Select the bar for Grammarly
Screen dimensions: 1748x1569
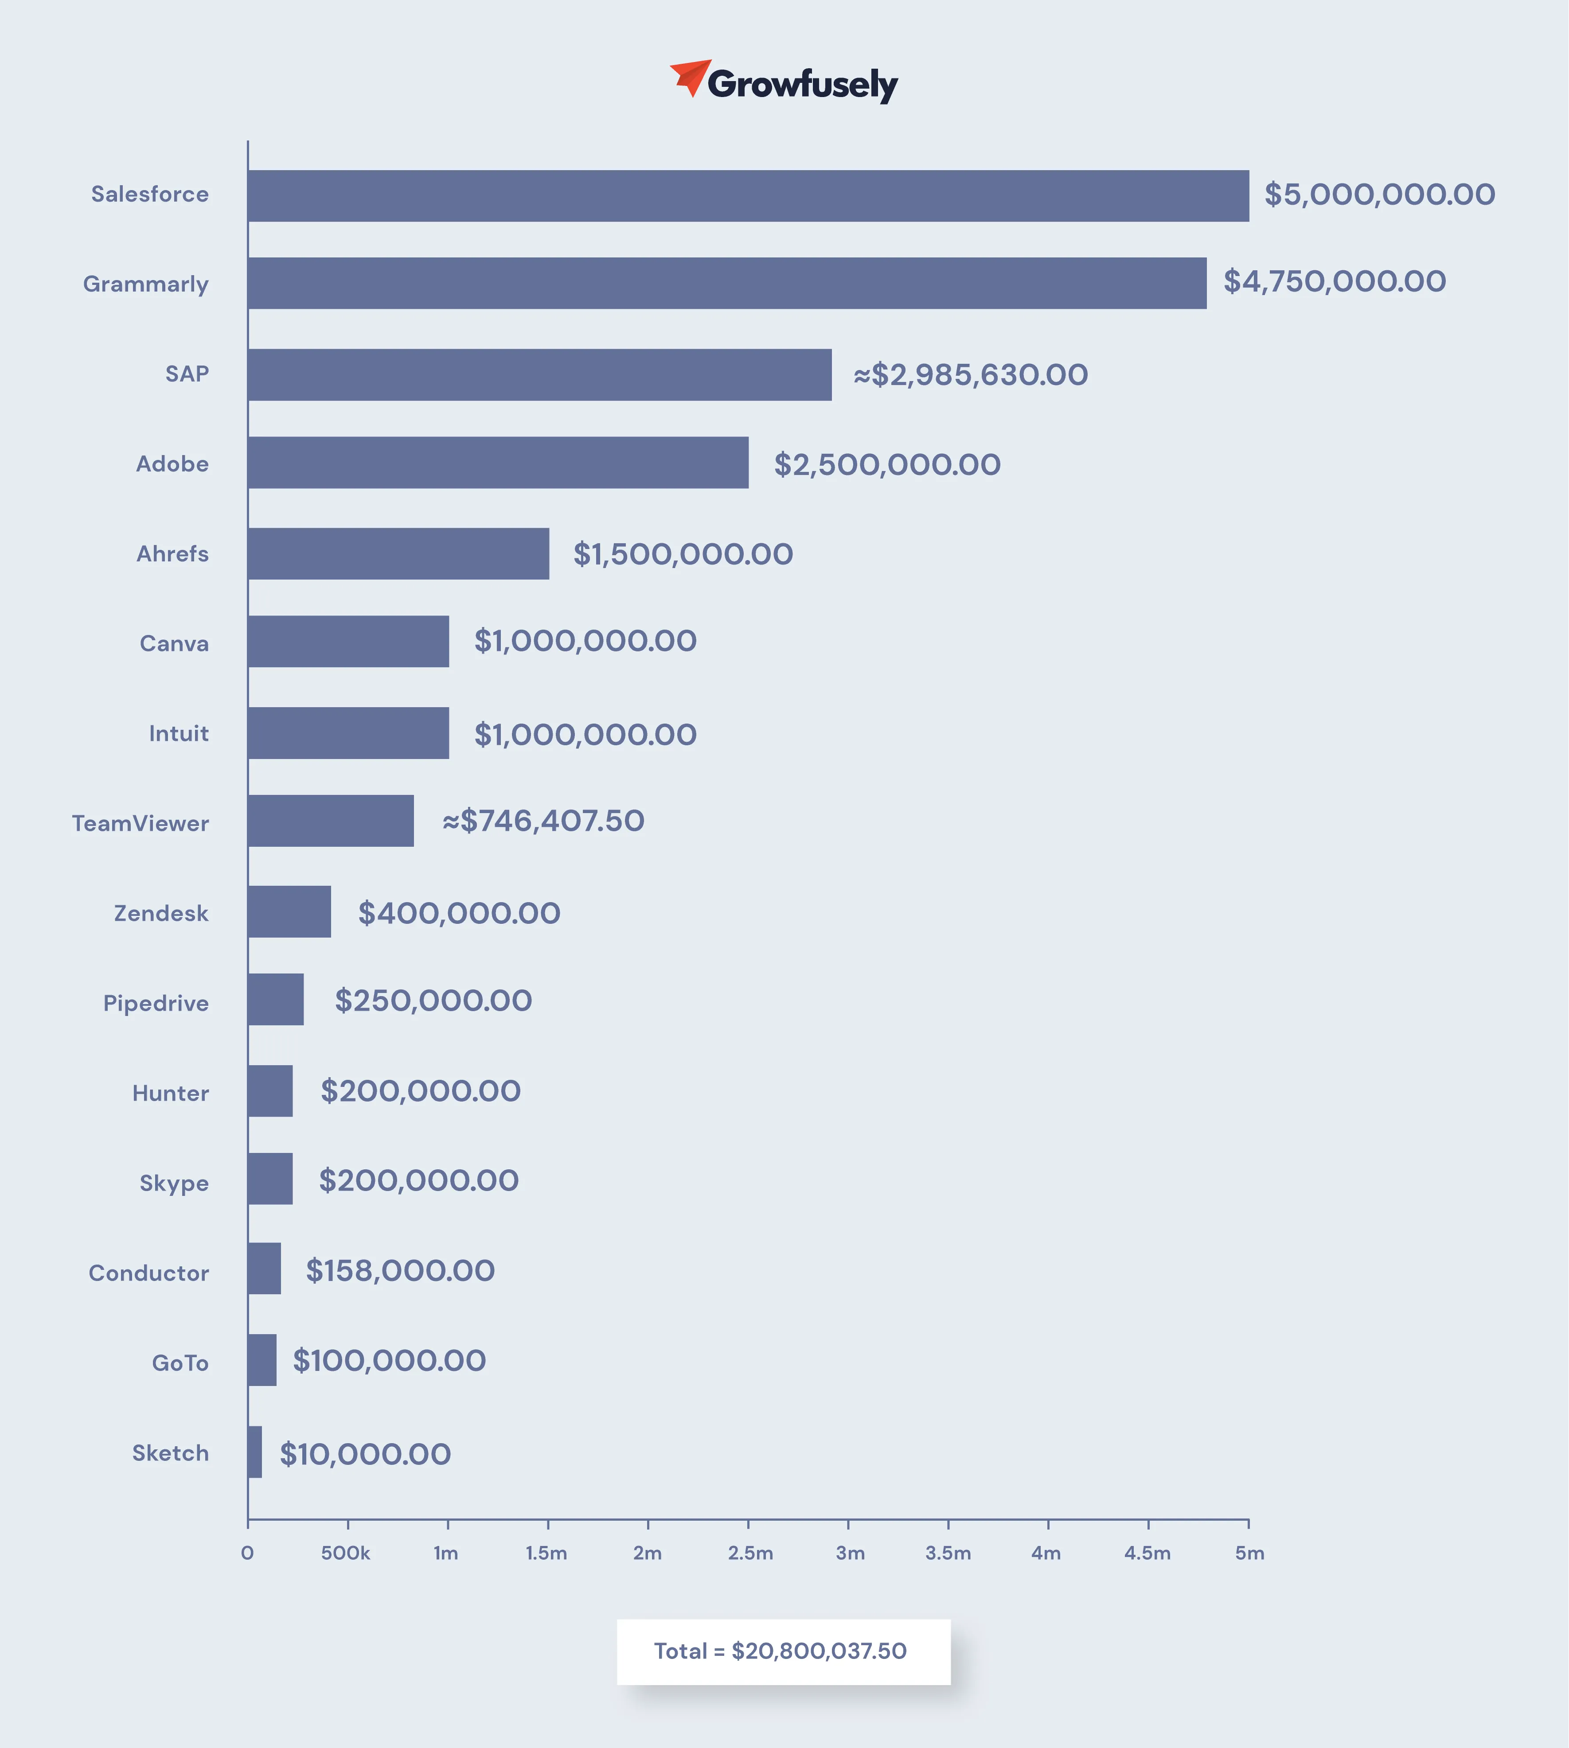(x=727, y=283)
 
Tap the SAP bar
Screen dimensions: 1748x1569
(x=540, y=375)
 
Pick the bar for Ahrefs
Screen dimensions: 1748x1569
(x=398, y=553)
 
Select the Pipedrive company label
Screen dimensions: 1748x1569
(x=156, y=1003)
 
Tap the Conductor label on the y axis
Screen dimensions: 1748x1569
(x=149, y=1273)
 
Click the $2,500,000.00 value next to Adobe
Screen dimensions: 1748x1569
(x=887, y=464)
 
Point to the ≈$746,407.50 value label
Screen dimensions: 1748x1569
(x=543, y=821)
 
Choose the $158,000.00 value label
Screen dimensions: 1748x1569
(x=401, y=1270)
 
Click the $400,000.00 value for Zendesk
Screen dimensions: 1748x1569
(x=460, y=913)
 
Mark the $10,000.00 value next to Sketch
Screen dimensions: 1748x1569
(x=366, y=1454)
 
